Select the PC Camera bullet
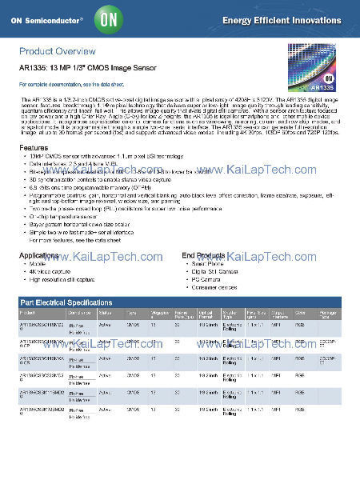(x=210, y=279)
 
